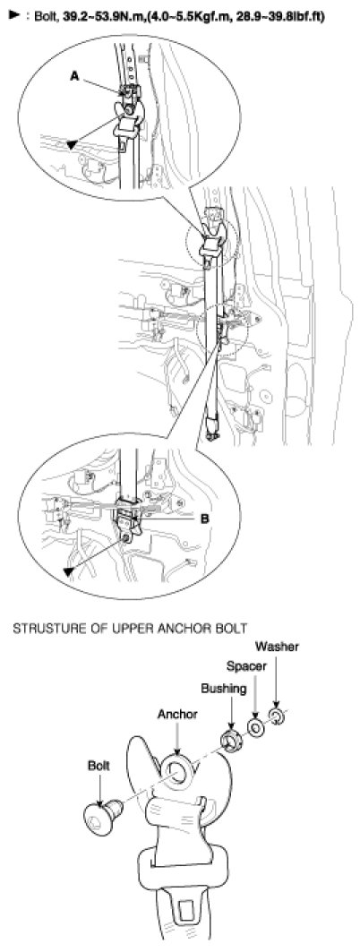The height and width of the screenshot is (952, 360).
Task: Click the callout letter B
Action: pos(204,519)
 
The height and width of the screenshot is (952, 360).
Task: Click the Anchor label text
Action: pos(176,715)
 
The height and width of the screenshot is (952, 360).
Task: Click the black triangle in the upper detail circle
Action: pos(72,144)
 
